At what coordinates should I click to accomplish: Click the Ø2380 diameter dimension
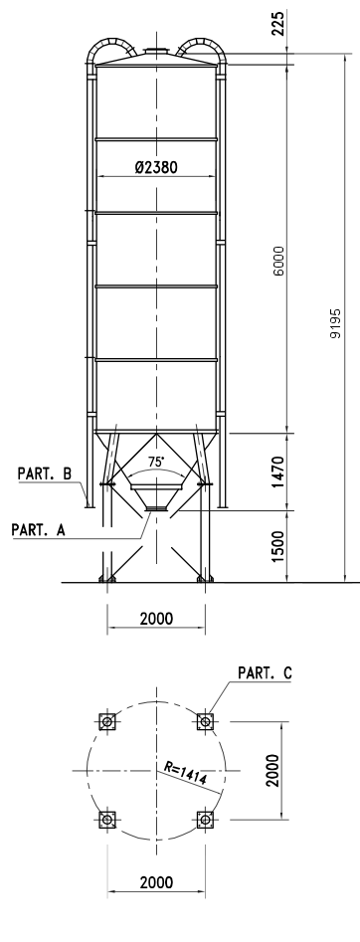click(x=156, y=167)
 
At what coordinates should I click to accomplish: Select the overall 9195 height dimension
click(x=335, y=323)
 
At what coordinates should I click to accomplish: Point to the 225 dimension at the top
click(x=278, y=23)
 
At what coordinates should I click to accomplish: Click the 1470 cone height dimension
click(x=278, y=472)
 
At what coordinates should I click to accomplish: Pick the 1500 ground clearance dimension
click(x=278, y=547)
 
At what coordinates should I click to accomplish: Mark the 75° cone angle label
click(x=156, y=462)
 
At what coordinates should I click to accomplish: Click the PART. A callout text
click(x=38, y=529)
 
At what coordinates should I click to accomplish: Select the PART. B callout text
click(x=45, y=473)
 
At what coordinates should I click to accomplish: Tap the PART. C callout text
click(x=266, y=672)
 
